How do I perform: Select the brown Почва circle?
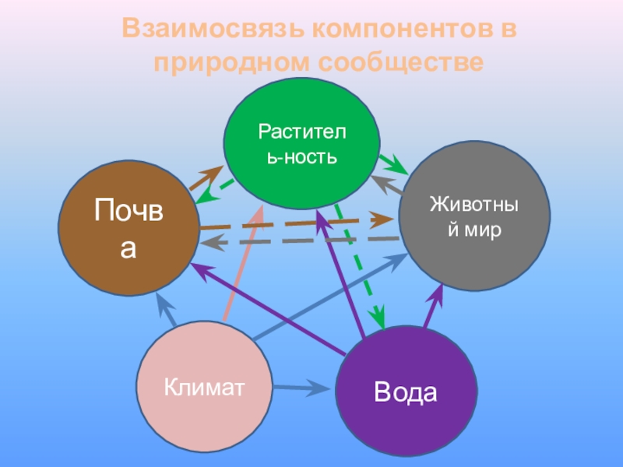129,228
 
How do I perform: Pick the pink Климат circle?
205,387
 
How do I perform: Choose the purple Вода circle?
405,392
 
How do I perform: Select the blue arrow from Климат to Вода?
304,386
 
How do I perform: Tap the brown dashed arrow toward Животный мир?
296,224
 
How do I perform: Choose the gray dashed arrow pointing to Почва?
296,241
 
